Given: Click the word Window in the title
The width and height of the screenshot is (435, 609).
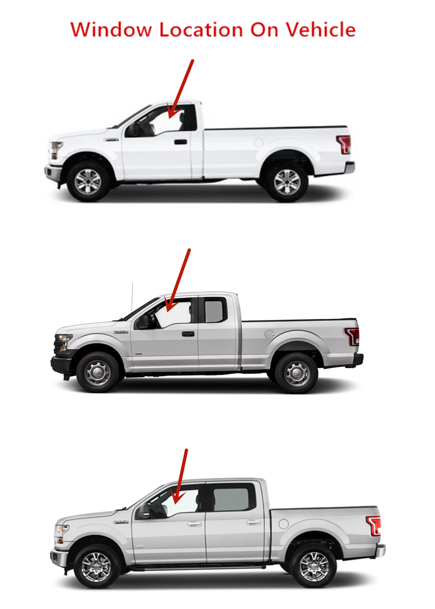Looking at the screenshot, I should point(110,30).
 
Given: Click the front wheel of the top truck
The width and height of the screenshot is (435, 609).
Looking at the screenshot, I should point(88,181).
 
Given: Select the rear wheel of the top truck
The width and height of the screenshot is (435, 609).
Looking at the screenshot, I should point(287,182).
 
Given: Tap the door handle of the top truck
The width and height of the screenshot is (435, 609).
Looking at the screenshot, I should point(181,142).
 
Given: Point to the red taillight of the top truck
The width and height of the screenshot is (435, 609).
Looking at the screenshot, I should point(344,145).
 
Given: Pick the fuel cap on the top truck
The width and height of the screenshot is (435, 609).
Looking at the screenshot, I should point(258,142).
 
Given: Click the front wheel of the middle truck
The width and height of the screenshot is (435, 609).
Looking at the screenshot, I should point(97,372).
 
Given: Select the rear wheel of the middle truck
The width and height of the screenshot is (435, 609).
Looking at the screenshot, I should point(296,373).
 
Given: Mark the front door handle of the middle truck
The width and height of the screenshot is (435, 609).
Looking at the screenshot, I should point(188,334).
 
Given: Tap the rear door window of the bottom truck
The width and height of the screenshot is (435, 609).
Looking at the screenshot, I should point(231,499).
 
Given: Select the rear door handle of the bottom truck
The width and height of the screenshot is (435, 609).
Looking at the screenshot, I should point(254,523).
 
